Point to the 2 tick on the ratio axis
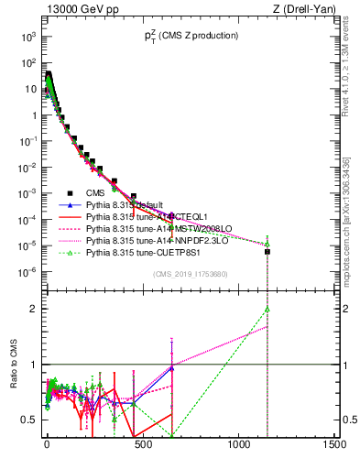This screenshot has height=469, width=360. pos(31,309)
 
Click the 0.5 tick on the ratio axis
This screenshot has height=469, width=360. pos(27,420)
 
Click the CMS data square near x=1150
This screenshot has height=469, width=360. pos(267,252)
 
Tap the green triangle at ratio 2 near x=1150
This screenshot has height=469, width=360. pos(267,309)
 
